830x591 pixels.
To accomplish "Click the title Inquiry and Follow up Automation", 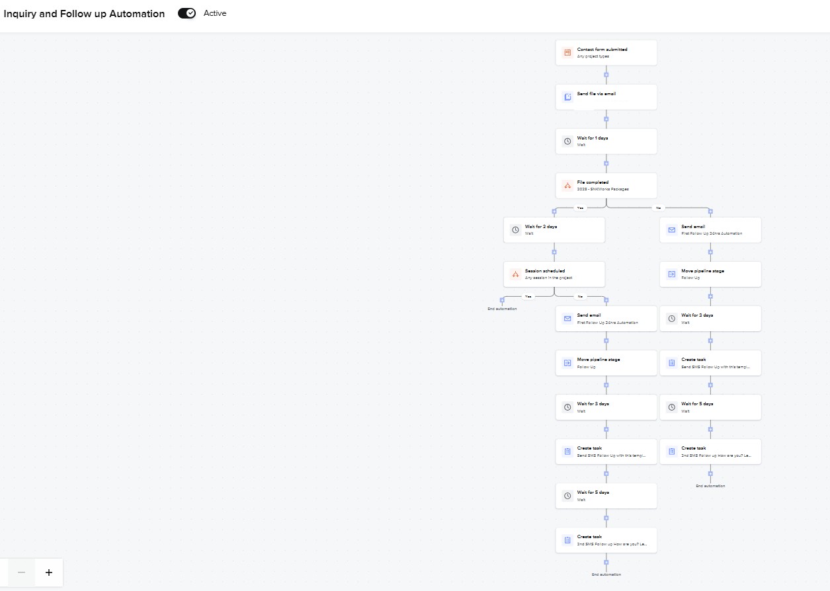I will click(x=84, y=14).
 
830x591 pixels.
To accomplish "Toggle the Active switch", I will click(x=187, y=13).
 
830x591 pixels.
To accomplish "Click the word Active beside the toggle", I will click(x=215, y=13).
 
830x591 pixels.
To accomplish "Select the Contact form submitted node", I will click(x=606, y=53).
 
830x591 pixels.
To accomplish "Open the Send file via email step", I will click(x=606, y=97).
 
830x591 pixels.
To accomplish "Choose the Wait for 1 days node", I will click(x=606, y=141).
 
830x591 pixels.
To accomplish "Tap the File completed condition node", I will click(x=606, y=186).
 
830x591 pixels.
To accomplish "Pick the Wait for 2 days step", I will click(x=554, y=230).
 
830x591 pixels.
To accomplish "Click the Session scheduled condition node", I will click(x=554, y=274).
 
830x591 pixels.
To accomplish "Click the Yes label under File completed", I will click(x=581, y=208).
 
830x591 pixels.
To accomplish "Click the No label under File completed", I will click(x=658, y=208).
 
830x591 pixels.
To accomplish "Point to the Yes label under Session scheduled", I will click(x=528, y=296).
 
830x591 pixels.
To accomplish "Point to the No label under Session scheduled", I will click(x=580, y=296).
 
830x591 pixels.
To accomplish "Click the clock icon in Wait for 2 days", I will click(x=515, y=230).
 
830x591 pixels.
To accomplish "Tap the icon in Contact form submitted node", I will click(x=567, y=53).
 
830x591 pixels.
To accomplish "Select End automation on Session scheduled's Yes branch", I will click(x=502, y=309).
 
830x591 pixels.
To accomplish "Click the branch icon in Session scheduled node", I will click(x=515, y=274).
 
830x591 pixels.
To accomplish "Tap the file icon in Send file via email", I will click(x=567, y=97).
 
